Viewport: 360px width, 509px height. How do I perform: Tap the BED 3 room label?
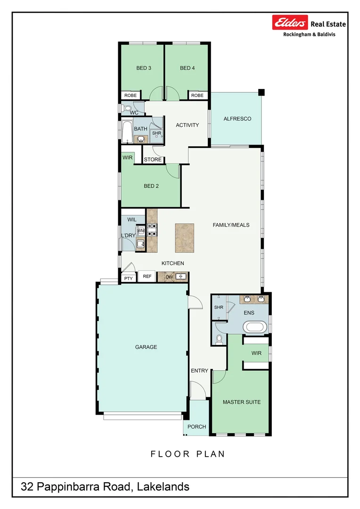pos(144,68)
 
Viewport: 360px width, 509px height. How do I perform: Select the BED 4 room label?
pos(187,68)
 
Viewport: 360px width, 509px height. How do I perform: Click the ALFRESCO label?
pos(237,119)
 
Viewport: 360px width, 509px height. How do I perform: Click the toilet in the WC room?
pos(127,109)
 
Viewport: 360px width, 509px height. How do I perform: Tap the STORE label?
pos(153,160)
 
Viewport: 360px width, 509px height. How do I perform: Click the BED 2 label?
pos(151,186)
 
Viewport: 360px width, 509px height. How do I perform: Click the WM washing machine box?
pos(140,231)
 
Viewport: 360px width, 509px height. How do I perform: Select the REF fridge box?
pos(147,276)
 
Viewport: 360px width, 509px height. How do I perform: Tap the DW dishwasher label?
pos(169,277)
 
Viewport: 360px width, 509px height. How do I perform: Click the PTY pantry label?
pos(128,279)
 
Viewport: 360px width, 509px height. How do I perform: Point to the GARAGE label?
pos(146,347)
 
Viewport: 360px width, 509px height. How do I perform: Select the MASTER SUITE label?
pos(241,402)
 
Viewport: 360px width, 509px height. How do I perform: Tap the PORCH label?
pos(196,427)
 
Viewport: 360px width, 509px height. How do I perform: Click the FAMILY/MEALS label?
pos(231,225)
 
